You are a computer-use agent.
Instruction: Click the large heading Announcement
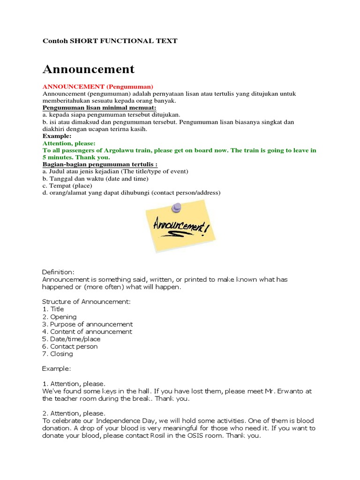89,69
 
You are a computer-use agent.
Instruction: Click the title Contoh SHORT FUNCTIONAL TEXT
110,41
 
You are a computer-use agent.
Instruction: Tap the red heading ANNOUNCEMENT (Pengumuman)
98,87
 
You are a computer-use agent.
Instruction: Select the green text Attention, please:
69,143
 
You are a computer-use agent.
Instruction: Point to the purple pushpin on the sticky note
177,207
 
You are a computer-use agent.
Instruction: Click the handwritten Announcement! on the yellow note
180,227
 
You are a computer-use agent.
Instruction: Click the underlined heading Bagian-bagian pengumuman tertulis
99,165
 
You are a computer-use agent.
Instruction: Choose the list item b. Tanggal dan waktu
95,179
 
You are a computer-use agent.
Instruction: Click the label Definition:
58,272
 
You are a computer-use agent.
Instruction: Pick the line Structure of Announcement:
86,301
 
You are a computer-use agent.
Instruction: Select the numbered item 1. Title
53,309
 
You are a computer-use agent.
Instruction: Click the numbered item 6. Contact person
70,346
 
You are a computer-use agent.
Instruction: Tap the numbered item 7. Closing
58,354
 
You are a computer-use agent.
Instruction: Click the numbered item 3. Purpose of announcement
87,324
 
